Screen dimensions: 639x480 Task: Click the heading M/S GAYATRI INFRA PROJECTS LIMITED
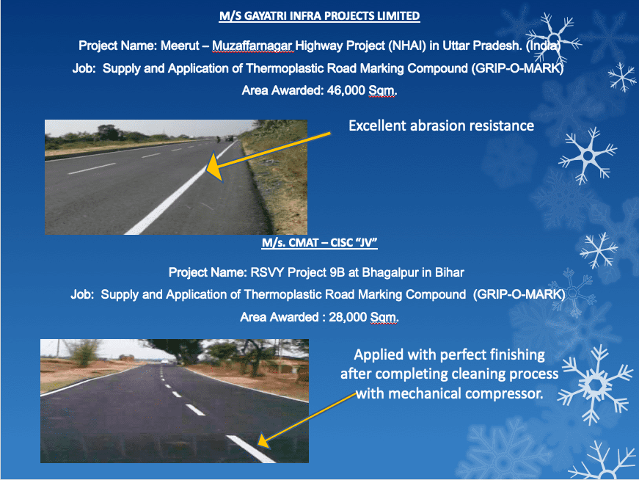pos(320,16)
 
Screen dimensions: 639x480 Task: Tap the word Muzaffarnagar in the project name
pos(252,46)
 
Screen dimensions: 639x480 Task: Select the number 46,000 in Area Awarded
pos(346,90)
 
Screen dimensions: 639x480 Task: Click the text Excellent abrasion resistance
pos(442,126)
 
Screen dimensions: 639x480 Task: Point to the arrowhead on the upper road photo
pos(215,167)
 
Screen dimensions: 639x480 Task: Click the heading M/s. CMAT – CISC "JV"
pos(320,243)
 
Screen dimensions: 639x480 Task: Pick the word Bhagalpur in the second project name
pos(390,272)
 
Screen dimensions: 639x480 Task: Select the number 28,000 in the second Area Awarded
pos(348,317)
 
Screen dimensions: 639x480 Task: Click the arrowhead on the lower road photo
pos(263,441)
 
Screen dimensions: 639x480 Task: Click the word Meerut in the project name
pos(180,46)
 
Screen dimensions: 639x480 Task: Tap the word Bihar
pos(450,272)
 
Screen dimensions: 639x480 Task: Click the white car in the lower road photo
pos(164,361)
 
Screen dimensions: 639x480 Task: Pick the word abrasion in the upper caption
pos(437,126)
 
